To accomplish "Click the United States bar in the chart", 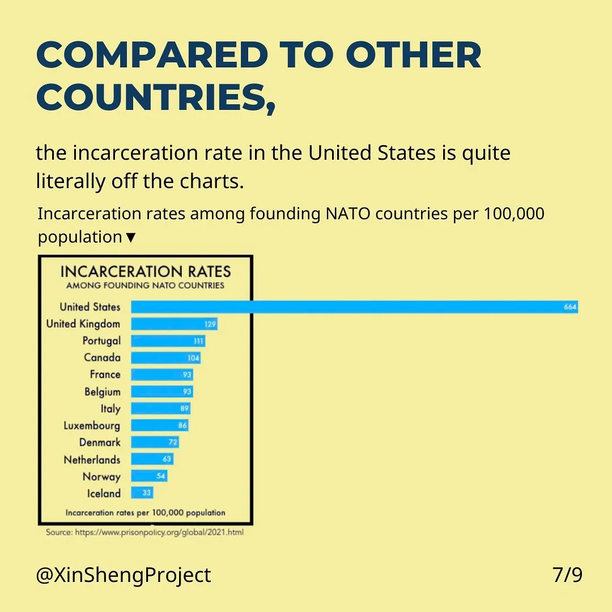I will point(354,307).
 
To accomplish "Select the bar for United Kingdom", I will point(174,324).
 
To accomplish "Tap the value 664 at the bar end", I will point(569,307).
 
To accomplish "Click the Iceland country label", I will point(104,494).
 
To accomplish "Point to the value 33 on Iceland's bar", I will point(146,493).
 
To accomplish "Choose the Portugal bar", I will point(168,341).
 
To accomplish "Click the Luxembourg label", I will point(92,426).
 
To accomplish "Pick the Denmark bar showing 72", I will point(155,442).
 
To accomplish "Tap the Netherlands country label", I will point(92,460).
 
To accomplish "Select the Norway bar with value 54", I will point(149,476).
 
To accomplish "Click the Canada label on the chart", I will point(102,358).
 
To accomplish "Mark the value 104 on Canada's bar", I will point(193,358).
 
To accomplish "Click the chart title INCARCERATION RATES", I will point(146,271).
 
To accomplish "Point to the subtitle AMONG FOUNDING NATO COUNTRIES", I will point(145,286).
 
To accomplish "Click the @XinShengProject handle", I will point(124,575).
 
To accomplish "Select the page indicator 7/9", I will point(567,575).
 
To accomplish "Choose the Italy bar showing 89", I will point(160,409).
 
